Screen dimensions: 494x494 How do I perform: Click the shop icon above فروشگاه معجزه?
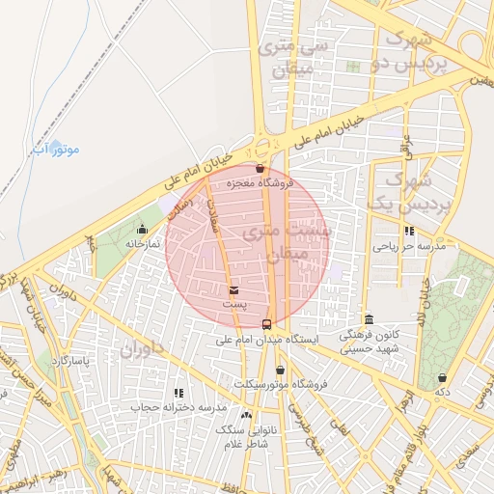(259, 168)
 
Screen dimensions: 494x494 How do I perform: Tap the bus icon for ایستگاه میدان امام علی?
(266, 324)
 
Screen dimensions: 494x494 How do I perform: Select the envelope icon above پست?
(233, 289)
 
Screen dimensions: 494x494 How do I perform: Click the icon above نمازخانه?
(143, 230)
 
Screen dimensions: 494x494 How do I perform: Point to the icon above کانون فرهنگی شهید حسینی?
(368, 319)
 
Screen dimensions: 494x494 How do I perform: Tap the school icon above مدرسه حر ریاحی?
(410, 232)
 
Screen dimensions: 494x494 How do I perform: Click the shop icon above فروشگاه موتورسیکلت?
(280, 370)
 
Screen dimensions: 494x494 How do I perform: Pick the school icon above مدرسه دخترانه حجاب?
(178, 393)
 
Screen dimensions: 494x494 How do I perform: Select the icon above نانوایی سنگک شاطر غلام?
(246, 414)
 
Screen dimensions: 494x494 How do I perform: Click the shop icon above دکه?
(443, 377)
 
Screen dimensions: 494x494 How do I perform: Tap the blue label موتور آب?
(55, 150)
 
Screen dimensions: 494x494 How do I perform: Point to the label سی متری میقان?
(295, 58)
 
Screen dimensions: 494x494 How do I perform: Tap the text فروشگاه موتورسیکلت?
(288, 384)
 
